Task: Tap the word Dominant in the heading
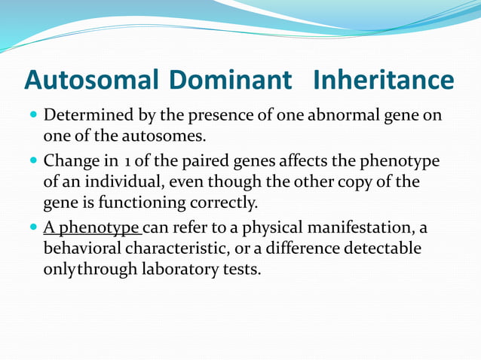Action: click(x=231, y=79)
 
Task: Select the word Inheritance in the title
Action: click(x=384, y=79)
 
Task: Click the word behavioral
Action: click(x=82, y=249)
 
